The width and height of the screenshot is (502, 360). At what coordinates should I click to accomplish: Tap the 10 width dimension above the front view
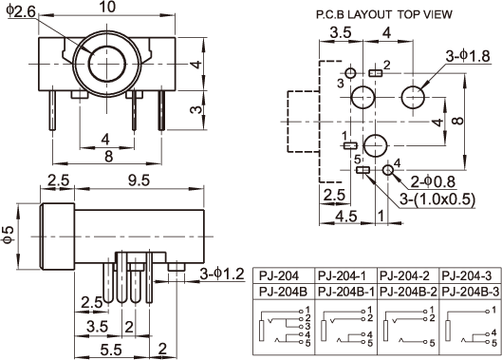click(x=107, y=7)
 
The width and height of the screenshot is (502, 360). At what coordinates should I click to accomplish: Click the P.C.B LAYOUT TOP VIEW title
click(x=384, y=14)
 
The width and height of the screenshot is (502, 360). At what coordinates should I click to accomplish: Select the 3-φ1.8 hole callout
click(x=468, y=56)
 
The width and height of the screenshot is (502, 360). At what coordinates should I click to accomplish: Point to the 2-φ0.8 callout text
click(x=433, y=181)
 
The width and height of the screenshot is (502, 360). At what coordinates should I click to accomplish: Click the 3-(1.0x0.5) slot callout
click(x=437, y=199)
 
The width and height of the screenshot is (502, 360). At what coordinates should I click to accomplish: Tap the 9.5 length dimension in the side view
click(x=139, y=180)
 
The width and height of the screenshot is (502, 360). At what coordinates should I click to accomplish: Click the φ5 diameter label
click(x=9, y=235)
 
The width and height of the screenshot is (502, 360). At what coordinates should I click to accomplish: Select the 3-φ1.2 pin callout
click(x=222, y=274)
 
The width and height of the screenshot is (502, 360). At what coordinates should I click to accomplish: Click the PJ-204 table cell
click(x=279, y=275)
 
